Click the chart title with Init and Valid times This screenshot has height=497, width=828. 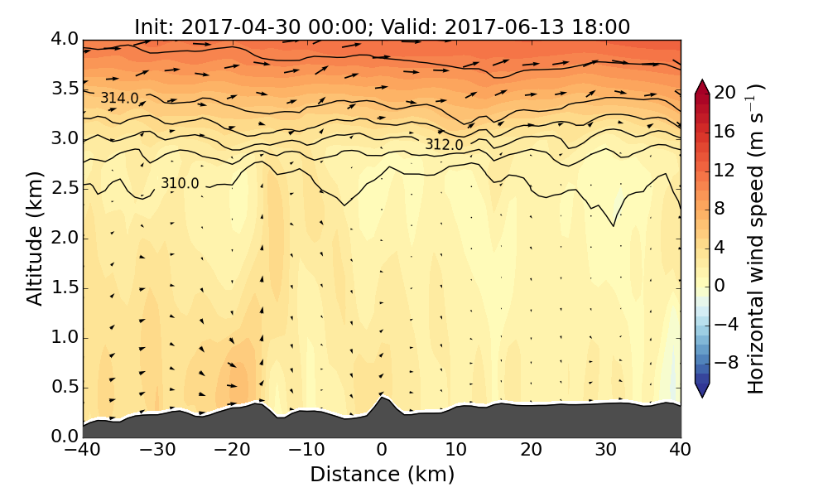(382, 27)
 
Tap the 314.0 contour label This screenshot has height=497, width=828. (119, 99)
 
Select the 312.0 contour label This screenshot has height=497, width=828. (444, 145)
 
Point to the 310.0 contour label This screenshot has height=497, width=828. (180, 184)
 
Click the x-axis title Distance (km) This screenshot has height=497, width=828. (382, 475)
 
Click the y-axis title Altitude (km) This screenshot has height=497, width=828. (35, 238)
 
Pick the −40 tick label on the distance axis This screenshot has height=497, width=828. (83, 451)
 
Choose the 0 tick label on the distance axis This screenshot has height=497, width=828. (382, 451)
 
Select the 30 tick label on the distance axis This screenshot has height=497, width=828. (606, 451)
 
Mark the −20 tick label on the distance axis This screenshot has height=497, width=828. (232, 451)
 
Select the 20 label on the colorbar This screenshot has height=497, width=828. (725, 94)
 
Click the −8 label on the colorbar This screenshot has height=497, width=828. (725, 362)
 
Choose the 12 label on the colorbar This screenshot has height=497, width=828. (725, 170)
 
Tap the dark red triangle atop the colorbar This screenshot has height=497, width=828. (702, 86)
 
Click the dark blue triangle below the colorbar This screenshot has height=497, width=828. (702, 390)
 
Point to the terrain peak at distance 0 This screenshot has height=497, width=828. (382, 398)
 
